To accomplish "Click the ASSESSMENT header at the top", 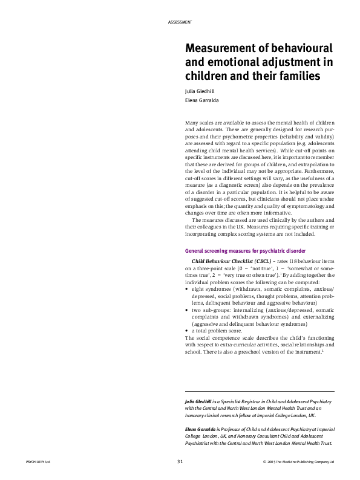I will coord(179,22).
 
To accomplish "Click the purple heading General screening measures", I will coord(249,250).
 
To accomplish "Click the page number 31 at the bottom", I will coord(180,462).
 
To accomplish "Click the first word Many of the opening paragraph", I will coord(193,123).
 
